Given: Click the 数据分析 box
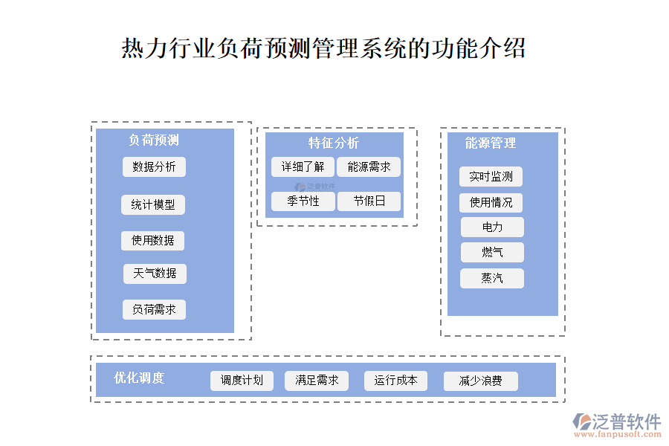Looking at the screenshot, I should (154, 167).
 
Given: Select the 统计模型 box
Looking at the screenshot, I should (153, 205).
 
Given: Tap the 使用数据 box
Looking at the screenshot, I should (153, 241).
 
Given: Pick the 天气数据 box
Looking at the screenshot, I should (155, 274).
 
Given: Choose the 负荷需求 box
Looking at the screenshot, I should (154, 309).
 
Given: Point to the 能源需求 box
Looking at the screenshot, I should (369, 167).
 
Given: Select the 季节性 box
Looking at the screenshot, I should (303, 201).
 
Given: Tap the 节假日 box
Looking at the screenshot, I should (369, 201).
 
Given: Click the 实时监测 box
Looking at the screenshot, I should (491, 177).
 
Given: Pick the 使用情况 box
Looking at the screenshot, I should (491, 203).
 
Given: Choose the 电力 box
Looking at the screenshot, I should (492, 227).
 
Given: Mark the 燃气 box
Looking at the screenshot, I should (492, 253).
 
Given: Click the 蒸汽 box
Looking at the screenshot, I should (492, 279).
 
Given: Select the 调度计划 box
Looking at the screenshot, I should (242, 381).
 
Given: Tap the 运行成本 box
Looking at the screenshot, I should (395, 381).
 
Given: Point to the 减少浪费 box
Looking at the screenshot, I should (480, 381).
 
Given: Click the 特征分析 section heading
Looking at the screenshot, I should (334, 143).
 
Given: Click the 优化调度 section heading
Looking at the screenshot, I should (139, 378).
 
